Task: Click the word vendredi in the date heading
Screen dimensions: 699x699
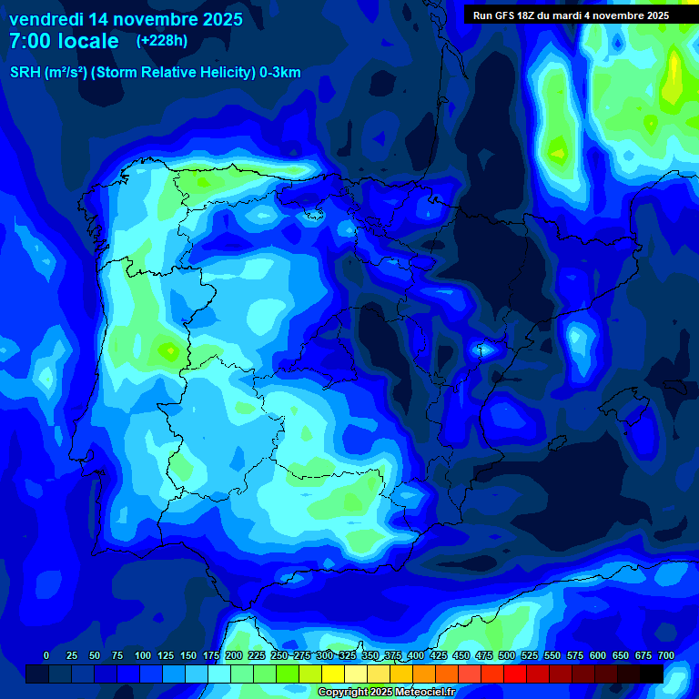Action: (46, 19)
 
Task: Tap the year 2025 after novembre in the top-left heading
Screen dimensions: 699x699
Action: (218, 19)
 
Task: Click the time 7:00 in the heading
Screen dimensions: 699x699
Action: (27, 41)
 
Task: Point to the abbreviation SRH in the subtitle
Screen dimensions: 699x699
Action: (25, 73)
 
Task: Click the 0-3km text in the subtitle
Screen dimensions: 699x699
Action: (280, 73)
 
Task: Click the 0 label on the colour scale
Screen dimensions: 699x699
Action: (46, 655)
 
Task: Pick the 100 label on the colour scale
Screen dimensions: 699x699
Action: (143, 655)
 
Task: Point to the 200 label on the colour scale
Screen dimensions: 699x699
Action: (234, 655)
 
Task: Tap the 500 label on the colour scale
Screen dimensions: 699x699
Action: (507, 655)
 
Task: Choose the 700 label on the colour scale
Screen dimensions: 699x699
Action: (666, 655)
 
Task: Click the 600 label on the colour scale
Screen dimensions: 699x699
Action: (598, 655)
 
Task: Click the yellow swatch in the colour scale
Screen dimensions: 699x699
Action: (334, 674)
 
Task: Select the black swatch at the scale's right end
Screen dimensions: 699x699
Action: (652, 674)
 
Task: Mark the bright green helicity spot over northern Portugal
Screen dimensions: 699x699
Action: (168, 349)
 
